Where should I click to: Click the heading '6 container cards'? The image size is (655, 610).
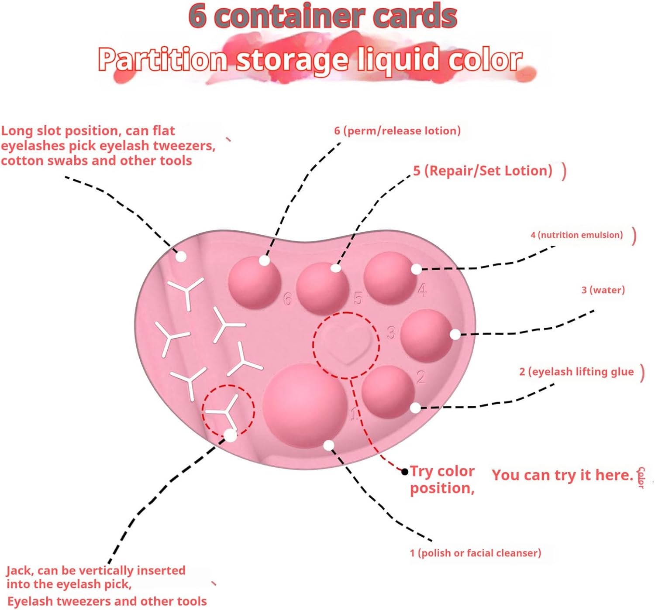(x=323, y=16)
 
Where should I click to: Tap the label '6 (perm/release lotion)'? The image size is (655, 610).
(x=397, y=130)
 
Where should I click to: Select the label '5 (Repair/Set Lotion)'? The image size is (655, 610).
(x=483, y=170)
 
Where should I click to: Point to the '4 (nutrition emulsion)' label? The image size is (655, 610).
(x=576, y=235)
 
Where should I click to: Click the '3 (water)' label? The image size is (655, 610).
(x=603, y=290)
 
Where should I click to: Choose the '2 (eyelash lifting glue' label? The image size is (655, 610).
(x=576, y=371)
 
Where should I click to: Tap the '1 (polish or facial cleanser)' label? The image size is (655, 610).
(x=475, y=553)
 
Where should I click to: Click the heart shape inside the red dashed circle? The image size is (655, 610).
(x=347, y=345)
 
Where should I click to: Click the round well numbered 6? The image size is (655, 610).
(x=254, y=281)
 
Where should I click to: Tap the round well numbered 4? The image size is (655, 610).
(x=390, y=278)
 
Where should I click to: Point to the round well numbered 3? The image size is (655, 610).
(x=426, y=336)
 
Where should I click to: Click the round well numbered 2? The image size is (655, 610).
(x=388, y=391)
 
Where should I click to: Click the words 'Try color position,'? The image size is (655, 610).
(x=442, y=479)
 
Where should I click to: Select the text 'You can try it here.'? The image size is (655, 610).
(x=562, y=475)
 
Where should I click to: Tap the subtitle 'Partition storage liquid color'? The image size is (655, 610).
(x=310, y=59)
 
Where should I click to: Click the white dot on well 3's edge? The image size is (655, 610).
(x=455, y=334)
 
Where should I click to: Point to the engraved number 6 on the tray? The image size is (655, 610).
(x=287, y=299)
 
